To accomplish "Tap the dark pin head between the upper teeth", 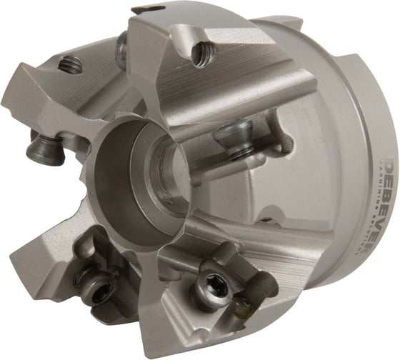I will pos(124,50).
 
